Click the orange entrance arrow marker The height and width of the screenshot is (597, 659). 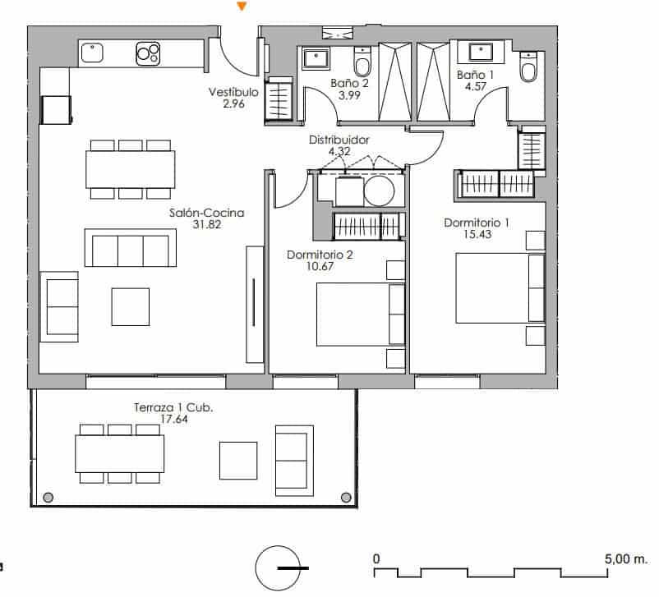[242, 7]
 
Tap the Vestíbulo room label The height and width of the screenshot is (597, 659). [233, 93]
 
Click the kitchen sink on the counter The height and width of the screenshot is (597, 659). [93, 54]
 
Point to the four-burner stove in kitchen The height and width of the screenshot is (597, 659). [149, 54]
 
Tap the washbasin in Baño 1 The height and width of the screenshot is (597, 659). [482, 53]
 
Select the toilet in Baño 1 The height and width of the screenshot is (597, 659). [528, 67]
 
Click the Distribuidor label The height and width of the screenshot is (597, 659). [339, 140]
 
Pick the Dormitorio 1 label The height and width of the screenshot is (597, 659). [477, 223]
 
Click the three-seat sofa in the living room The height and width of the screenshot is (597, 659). [130, 249]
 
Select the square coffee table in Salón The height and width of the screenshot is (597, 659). [131, 306]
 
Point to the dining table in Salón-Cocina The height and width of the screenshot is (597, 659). [130, 169]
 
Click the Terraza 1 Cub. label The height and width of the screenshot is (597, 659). [173, 406]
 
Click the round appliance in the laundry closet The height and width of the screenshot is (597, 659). [380, 192]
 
